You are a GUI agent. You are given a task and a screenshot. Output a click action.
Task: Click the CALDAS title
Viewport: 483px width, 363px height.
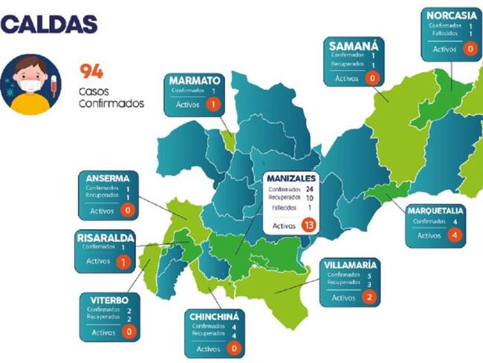coord(50,24)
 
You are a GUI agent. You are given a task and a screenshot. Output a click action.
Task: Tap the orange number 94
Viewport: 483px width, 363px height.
coord(91,71)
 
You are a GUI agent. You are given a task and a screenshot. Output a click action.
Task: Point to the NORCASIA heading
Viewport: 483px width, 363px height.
coord(450,15)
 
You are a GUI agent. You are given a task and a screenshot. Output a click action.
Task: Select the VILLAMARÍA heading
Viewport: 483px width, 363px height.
coord(350,264)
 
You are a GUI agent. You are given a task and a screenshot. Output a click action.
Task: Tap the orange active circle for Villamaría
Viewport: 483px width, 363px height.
coord(369,298)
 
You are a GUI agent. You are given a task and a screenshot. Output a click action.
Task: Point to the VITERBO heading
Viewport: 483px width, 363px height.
coord(108,299)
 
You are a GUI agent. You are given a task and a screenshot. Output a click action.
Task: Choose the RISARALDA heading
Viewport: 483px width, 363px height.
coord(105,237)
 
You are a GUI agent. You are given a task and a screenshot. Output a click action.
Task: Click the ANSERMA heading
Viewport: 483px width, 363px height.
coord(107,178)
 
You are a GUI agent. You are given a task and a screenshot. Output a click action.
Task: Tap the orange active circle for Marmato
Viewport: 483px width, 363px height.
coord(213,105)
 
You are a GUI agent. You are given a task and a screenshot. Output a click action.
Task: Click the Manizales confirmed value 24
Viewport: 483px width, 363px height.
coord(308,189)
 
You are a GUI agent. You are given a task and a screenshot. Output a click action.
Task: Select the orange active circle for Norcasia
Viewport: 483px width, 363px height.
coord(469,49)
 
